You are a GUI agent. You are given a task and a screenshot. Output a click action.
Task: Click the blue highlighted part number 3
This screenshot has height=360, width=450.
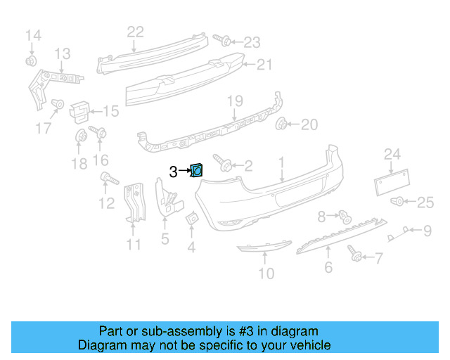(x=198, y=169)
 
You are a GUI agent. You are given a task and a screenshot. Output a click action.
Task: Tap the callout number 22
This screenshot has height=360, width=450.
(x=135, y=31)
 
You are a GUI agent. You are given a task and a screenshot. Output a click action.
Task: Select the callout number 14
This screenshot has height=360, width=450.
(x=33, y=35)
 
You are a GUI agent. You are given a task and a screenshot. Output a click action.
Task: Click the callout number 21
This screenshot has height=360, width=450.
(x=263, y=65)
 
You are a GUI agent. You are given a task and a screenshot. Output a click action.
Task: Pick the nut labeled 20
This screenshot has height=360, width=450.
(x=283, y=125)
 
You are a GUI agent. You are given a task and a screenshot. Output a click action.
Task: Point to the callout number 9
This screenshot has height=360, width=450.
(x=427, y=229)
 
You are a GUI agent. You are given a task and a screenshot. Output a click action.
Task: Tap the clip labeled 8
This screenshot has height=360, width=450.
(x=344, y=216)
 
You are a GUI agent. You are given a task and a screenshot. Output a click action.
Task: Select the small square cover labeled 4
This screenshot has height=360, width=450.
(x=191, y=221)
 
